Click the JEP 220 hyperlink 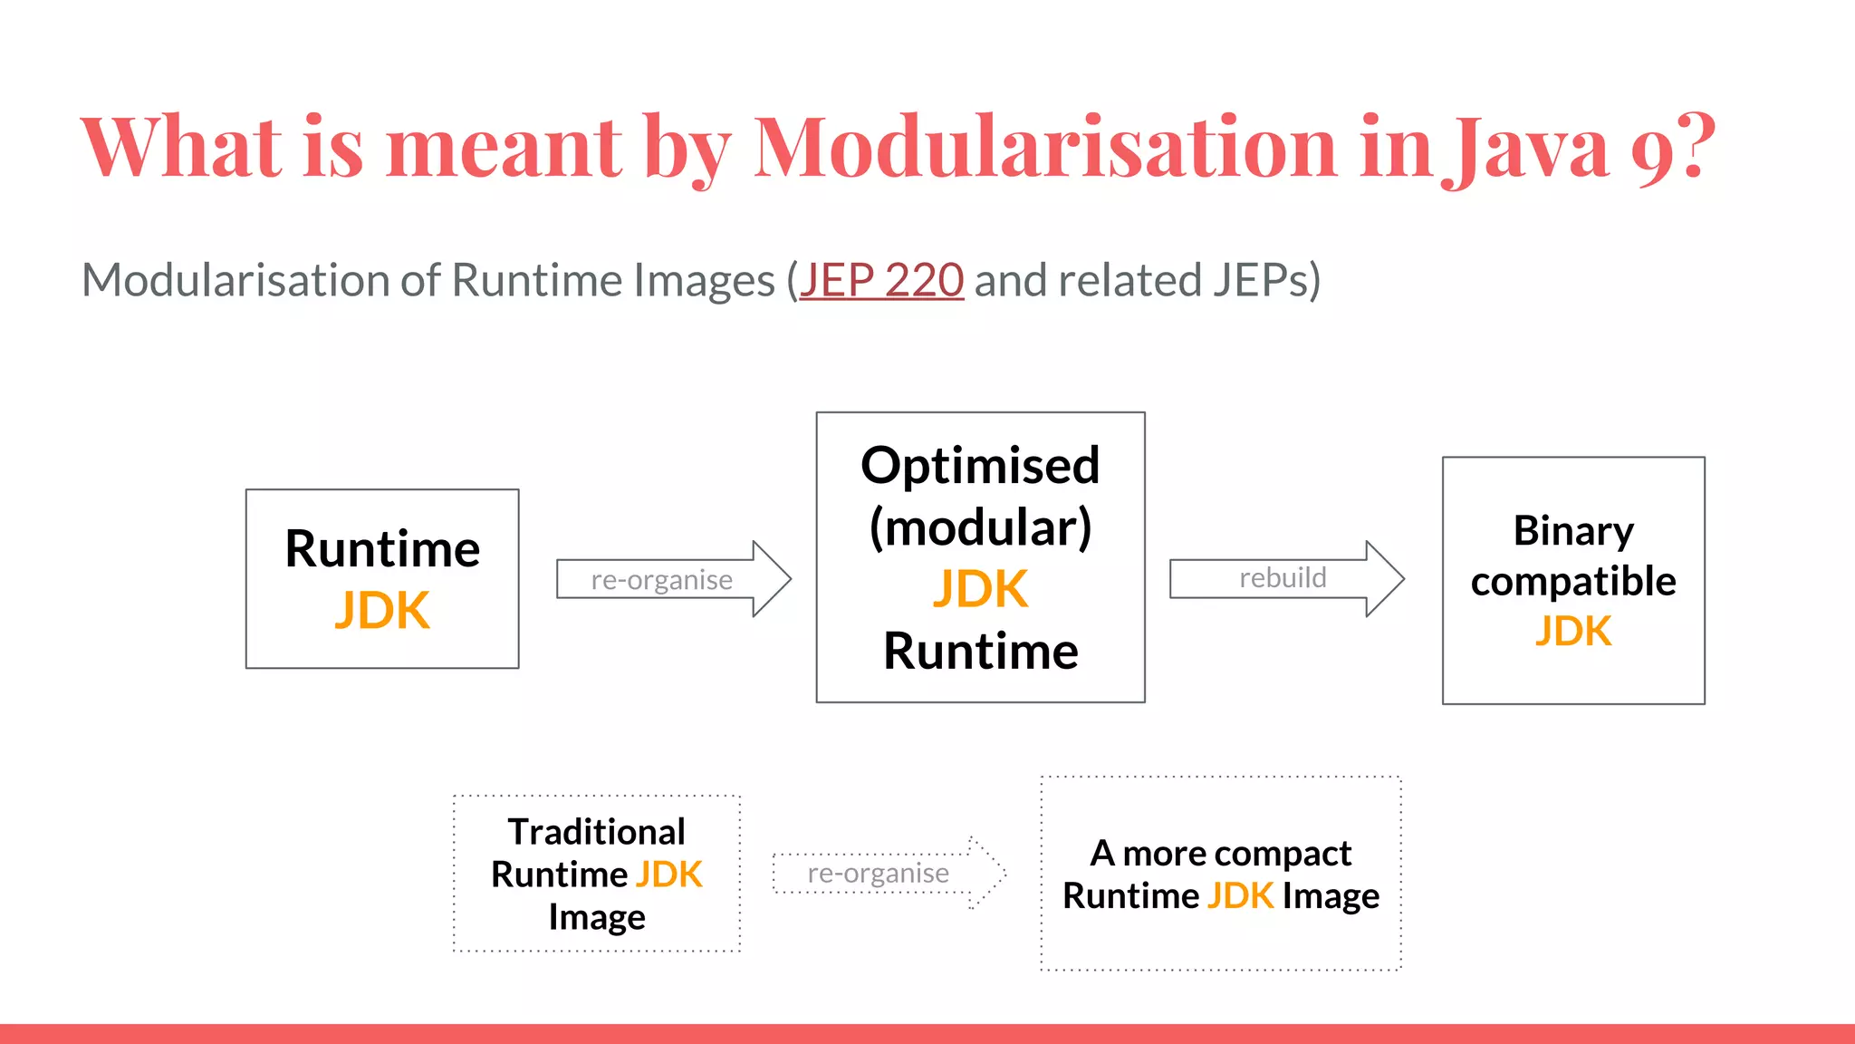[x=880, y=280]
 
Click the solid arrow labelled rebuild [x=1285, y=578]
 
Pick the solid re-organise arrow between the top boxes [x=672, y=579]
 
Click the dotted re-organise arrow [x=888, y=873]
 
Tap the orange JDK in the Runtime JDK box [x=382, y=611]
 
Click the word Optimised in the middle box [x=980, y=466]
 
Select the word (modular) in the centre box [x=980, y=527]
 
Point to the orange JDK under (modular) [x=980, y=589]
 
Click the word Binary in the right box [x=1573, y=531]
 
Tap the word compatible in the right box [x=1573, y=582]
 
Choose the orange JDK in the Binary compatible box [x=1573, y=632]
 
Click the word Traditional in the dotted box [x=596, y=832]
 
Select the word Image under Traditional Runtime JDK [x=596, y=917]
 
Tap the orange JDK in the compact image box [x=1240, y=896]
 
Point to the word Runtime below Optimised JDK [x=980, y=652]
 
